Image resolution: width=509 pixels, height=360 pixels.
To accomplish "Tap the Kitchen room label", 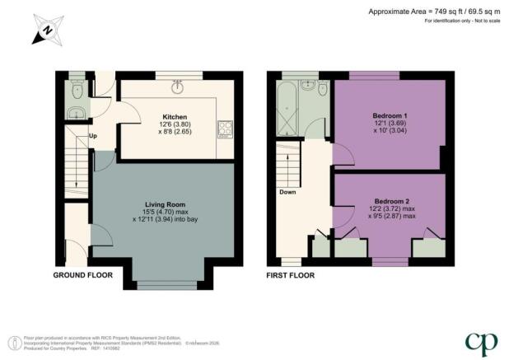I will (175, 117).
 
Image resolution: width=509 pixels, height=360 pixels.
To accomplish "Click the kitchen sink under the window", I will (180, 82).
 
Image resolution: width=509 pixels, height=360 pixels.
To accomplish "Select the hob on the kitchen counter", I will (224, 128).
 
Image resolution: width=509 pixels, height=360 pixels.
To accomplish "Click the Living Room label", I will (163, 204).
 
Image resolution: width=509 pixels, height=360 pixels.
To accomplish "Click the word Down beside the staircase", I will (287, 193).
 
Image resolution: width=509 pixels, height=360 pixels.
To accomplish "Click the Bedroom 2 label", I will (391, 202).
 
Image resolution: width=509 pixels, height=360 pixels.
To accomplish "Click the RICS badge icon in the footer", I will (15, 341).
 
